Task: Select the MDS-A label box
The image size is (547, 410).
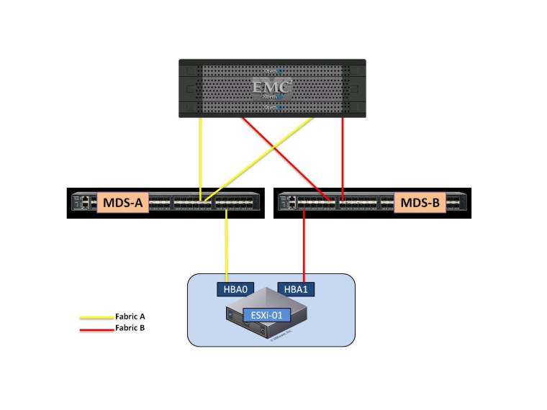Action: pyautogui.click(x=122, y=204)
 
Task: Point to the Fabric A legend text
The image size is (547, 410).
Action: pyautogui.click(x=135, y=316)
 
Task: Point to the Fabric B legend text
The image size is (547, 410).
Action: pyautogui.click(x=135, y=328)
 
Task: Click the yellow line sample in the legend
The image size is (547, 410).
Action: pyautogui.click(x=96, y=316)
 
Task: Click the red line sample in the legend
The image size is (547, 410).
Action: pyautogui.click(x=96, y=328)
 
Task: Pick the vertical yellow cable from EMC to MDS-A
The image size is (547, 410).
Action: pyautogui.click(x=200, y=155)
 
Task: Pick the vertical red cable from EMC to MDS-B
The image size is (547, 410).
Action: pyautogui.click(x=343, y=155)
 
